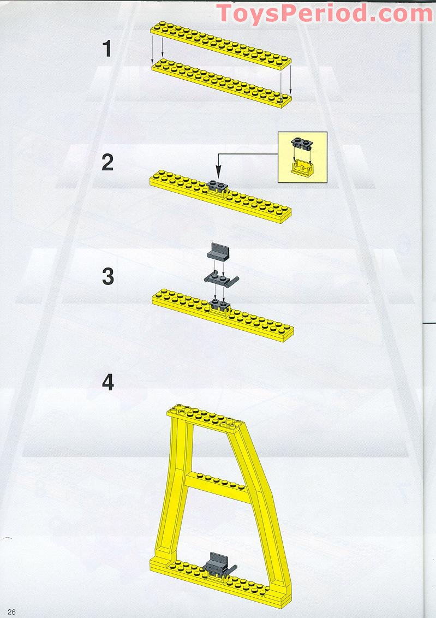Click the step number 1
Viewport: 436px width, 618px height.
pyautogui.click(x=107, y=49)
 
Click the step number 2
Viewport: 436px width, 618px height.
pyautogui.click(x=107, y=163)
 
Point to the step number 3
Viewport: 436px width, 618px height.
pyautogui.click(x=107, y=277)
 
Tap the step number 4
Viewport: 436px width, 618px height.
pyautogui.click(x=107, y=382)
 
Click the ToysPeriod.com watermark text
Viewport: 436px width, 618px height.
pyautogui.click(x=324, y=13)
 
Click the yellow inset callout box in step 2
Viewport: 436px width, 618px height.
pyautogui.click(x=302, y=157)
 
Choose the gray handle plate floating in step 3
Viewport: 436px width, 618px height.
pyautogui.click(x=222, y=278)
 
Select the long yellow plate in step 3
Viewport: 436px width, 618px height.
pyautogui.click(x=256, y=322)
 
